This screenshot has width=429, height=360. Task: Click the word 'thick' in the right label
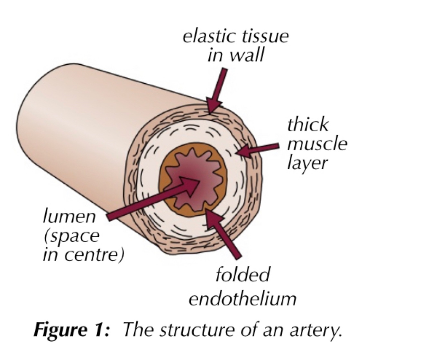[x=308, y=124]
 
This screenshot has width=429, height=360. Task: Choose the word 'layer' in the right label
[x=307, y=163]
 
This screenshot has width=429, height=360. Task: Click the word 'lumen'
[x=69, y=217]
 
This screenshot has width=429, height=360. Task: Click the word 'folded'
[x=242, y=275]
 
